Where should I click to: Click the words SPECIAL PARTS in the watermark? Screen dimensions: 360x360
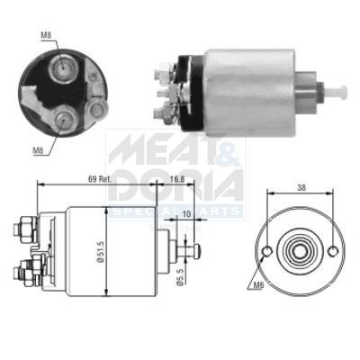point(175,211)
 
